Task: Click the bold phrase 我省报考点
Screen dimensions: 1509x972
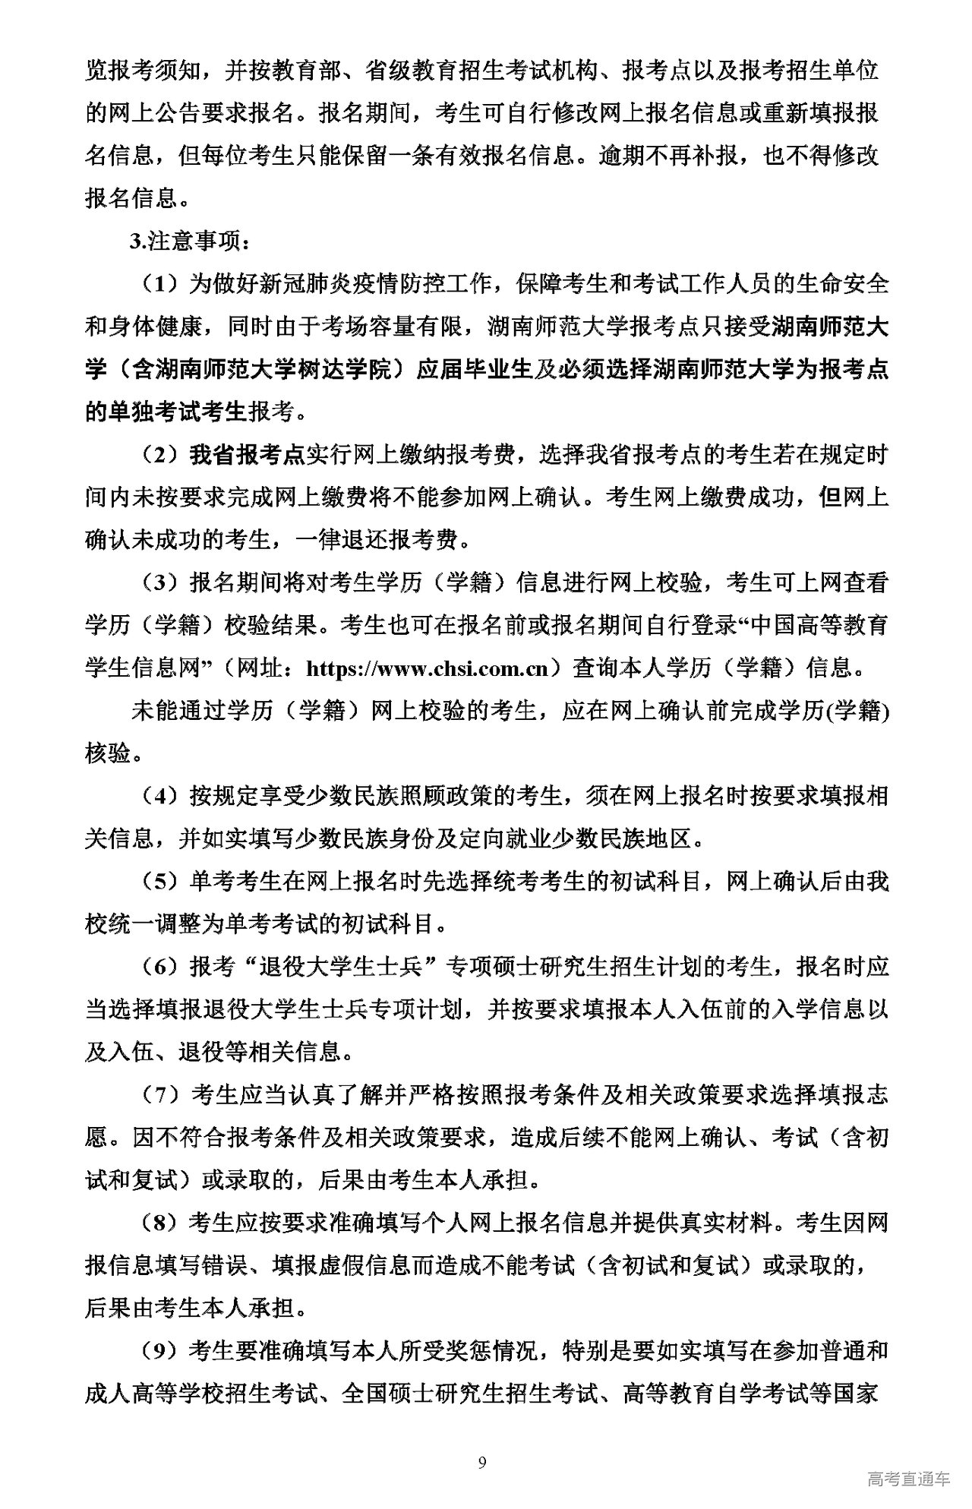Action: (x=247, y=455)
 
